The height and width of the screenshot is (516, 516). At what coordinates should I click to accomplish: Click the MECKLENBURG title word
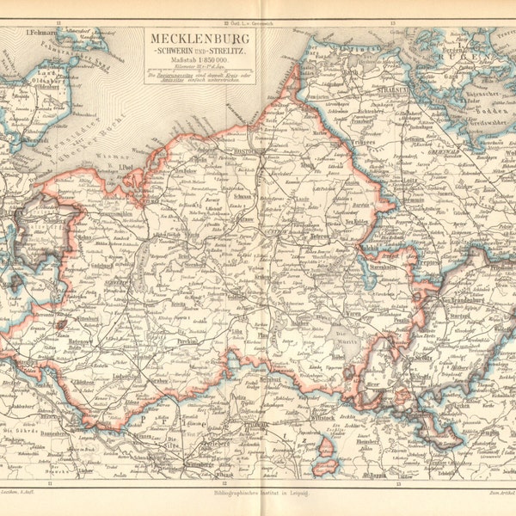click(203, 39)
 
